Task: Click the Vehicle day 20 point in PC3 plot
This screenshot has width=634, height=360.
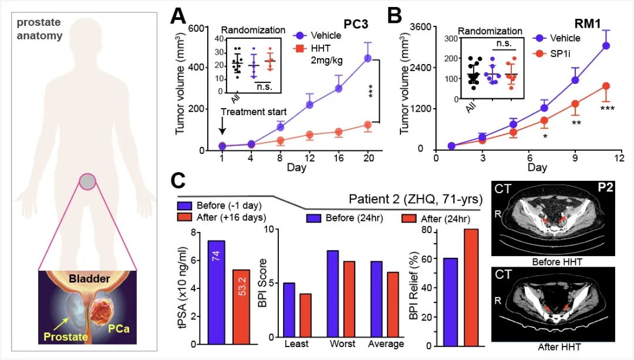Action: (x=367, y=58)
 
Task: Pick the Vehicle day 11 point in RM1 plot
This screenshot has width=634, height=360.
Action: (x=606, y=45)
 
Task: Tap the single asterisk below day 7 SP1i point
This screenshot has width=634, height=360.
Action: (x=545, y=136)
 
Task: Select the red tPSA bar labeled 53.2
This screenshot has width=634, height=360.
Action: (x=241, y=307)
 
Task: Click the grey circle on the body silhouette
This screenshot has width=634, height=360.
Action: (x=87, y=182)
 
